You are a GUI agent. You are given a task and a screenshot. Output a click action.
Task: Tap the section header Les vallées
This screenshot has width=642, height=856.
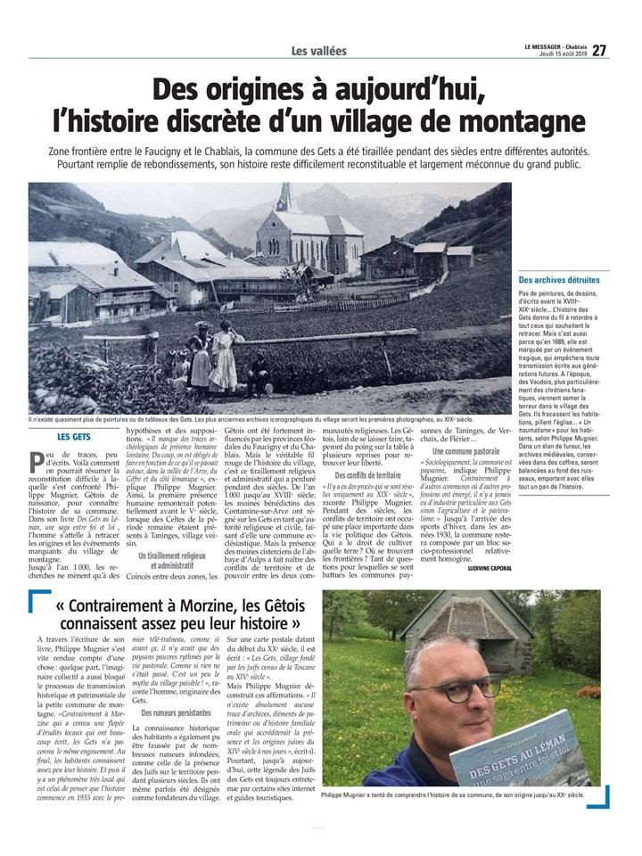(x=319, y=52)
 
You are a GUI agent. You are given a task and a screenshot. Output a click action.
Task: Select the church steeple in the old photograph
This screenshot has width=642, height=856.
(x=284, y=199)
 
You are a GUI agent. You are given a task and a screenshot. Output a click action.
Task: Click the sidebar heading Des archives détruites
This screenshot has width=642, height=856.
(x=559, y=280)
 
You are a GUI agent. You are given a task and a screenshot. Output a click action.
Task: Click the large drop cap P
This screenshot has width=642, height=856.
(x=37, y=461)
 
